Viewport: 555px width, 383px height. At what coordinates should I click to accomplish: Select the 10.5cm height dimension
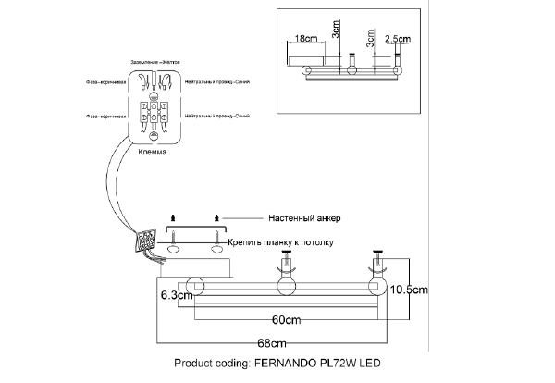[409, 289]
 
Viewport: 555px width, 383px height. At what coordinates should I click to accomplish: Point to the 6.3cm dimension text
[176, 296]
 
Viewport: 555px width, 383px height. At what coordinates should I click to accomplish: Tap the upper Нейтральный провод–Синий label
[217, 82]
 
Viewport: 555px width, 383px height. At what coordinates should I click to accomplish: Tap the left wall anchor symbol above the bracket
[172, 217]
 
